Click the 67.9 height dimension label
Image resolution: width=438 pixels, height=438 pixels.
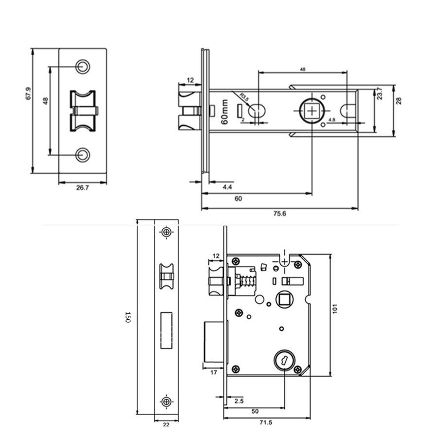click(28, 93)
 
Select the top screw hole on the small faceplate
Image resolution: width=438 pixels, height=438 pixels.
click(83, 66)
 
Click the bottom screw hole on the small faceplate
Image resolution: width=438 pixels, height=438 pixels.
click(83, 155)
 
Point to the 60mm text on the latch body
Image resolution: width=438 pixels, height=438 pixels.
click(225, 113)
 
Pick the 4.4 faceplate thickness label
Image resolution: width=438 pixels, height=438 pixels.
click(227, 187)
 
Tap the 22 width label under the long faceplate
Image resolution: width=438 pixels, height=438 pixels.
click(166, 425)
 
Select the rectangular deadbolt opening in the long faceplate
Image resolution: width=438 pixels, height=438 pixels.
click(166, 331)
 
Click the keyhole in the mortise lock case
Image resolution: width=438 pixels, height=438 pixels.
click(282, 361)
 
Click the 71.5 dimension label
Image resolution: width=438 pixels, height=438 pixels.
click(265, 423)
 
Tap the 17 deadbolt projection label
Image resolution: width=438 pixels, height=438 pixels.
click(214, 373)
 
